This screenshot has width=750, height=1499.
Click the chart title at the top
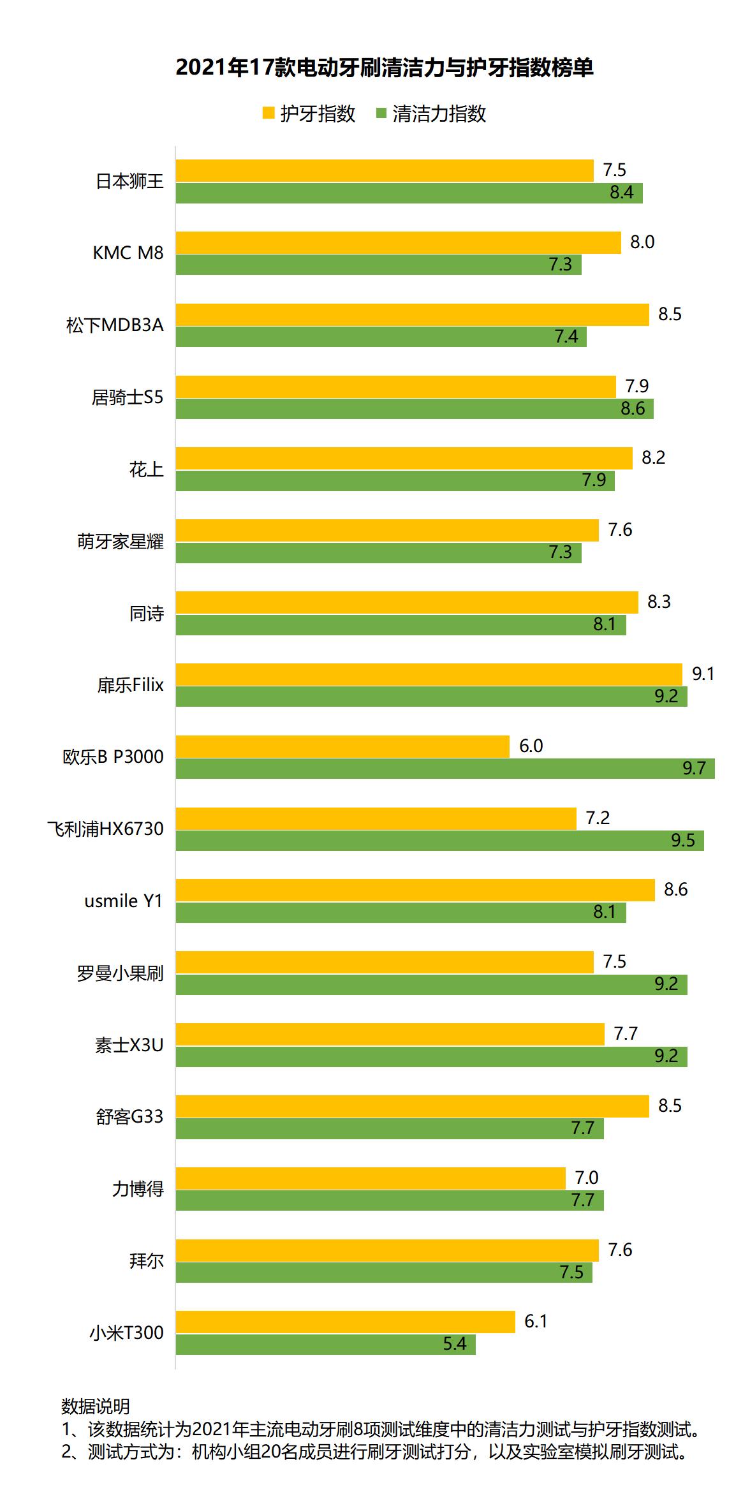click(x=384, y=68)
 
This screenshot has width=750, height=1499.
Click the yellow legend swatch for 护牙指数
click(x=268, y=114)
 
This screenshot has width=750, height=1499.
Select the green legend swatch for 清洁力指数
click(x=382, y=114)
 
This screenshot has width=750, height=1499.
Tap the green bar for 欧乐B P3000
click(x=445, y=768)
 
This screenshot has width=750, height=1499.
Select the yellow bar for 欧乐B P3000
click(x=342, y=746)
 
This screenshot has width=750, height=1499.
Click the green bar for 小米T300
click(x=325, y=1344)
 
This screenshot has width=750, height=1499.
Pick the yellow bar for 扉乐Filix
click(x=429, y=674)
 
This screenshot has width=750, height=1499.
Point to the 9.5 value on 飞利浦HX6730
click(x=682, y=840)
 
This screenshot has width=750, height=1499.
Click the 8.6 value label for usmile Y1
click(x=675, y=889)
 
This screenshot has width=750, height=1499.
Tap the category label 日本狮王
click(x=129, y=182)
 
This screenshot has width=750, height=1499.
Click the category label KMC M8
click(x=128, y=253)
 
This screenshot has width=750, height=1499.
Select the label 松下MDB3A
click(x=115, y=325)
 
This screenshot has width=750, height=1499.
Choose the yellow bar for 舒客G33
click(x=412, y=1105)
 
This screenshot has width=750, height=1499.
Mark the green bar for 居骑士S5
click(x=415, y=408)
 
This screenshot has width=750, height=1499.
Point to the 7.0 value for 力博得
click(x=586, y=1178)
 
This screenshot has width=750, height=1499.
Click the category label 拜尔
click(x=146, y=1261)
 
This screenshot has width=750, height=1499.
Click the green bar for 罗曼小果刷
click(x=431, y=984)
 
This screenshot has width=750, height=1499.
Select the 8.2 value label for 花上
click(x=653, y=457)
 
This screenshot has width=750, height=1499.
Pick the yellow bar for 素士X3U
click(x=390, y=1033)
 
